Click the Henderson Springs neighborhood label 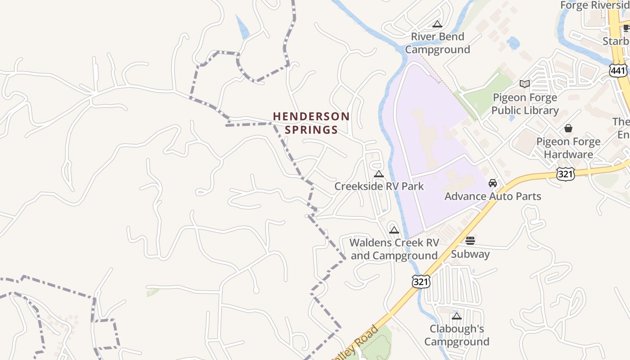pyautogui.click(x=311, y=123)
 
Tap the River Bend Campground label pyautogui.click(x=437, y=43)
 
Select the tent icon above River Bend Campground pyautogui.click(x=437, y=24)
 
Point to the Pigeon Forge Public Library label pyautogui.click(x=525, y=104)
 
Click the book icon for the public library pyautogui.click(x=524, y=84)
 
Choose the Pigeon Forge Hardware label pyautogui.click(x=568, y=148)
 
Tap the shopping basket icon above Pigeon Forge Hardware pyautogui.click(x=568, y=128)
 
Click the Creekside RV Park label pyautogui.click(x=379, y=186)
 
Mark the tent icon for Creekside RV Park pyautogui.click(x=379, y=174)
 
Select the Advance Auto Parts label pyautogui.click(x=493, y=196)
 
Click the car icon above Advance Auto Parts pyautogui.click(x=493, y=183)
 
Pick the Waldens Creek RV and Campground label pyautogui.click(x=394, y=249)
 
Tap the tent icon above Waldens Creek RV pyautogui.click(x=394, y=230)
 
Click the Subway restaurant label pyautogui.click(x=470, y=254)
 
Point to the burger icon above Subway pyautogui.click(x=470, y=241)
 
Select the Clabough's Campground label pyautogui.click(x=457, y=335)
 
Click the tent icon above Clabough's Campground pyautogui.click(x=457, y=316)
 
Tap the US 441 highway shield pyautogui.click(x=618, y=70)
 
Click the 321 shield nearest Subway pyautogui.click(x=421, y=281)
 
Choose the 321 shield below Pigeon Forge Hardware pyautogui.click(x=565, y=174)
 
